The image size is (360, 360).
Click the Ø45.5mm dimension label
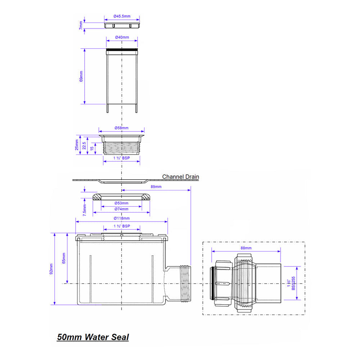click(x=122, y=17)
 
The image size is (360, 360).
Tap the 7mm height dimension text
click(x=81, y=25)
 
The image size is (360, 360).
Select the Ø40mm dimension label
click(x=122, y=37)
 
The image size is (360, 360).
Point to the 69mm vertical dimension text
click(x=81, y=76)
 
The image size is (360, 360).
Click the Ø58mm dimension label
click(x=122, y=128)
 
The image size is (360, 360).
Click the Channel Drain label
click(x=180, y=177)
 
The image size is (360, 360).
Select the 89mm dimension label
click(x=156, y=187)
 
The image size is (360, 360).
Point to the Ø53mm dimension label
click(x=121, y=203)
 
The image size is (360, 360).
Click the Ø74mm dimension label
click(x=121, y=209)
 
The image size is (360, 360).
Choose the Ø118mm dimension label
click(x=121, y=218)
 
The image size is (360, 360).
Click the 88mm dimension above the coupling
click(x=246, y=248)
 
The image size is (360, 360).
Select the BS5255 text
click(x=293, y=283)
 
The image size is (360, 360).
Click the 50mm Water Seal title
click(x=93, y=337)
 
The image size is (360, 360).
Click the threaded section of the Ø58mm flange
click(x=122, y=148)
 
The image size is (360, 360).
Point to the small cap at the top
click(x=122, y=25)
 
